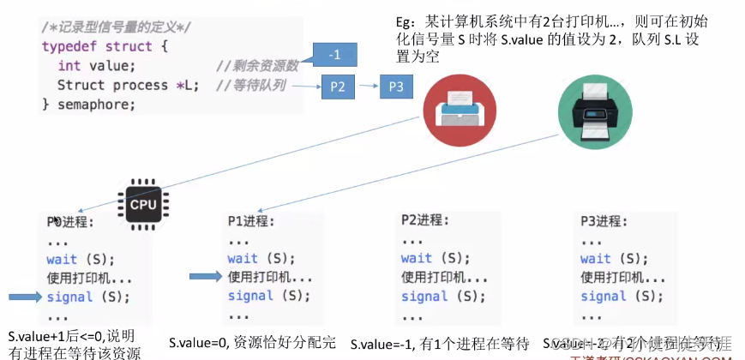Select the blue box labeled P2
[x=337, y=87]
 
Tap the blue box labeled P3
[x=395, y=87]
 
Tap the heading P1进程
[x=251, y=221]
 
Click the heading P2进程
[x=424, y=219]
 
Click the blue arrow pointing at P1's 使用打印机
[x=206, y=277]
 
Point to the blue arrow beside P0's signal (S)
[x=24, y=297]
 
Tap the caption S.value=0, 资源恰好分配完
[x=251, y=341]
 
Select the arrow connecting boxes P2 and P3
[x=369, y=87]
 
